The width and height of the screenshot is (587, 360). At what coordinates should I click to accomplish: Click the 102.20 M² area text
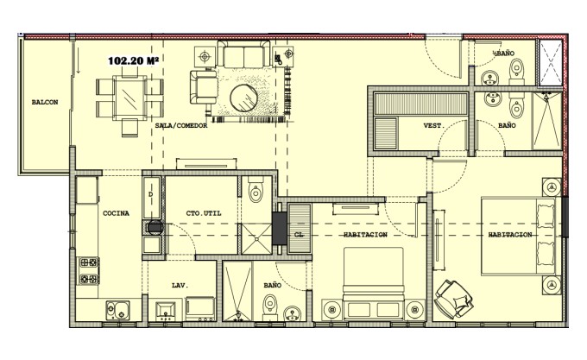point(133,60)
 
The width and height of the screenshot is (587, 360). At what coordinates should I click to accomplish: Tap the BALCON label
point(45,102)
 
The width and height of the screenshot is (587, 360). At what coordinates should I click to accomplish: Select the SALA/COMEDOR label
point(181,126)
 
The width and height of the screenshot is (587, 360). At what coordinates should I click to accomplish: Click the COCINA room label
point(116,213)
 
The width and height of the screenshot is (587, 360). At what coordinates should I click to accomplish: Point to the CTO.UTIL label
point(204,213)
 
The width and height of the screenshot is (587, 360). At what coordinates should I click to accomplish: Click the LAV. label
point(180,286)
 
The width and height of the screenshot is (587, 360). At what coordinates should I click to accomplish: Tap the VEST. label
point(434,126)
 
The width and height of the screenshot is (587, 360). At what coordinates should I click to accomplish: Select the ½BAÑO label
point(503,54)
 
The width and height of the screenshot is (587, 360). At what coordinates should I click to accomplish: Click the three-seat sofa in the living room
point(243,54)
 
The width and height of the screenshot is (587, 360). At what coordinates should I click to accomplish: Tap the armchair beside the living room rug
point(204,87)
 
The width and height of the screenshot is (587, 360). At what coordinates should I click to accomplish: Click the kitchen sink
point(118,310)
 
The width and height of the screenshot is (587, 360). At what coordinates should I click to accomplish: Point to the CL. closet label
point(299,235)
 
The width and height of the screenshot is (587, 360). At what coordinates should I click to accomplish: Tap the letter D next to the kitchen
point(151,194)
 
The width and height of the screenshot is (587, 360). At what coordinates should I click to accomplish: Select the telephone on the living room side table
point(278,59)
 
